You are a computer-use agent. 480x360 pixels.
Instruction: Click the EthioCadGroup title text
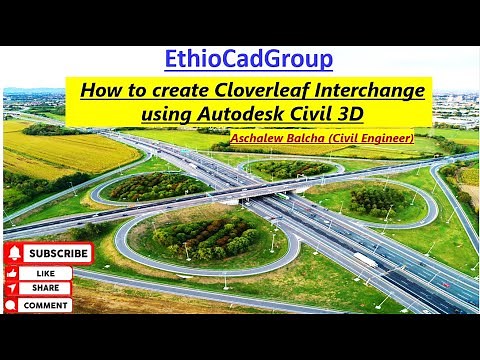tap(249, 58)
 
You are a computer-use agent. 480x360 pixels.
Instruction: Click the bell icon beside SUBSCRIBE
tap(14, 254)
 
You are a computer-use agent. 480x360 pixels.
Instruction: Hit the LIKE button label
tap(46, 272)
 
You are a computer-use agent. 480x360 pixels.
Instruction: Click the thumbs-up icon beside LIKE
tap(13, 272)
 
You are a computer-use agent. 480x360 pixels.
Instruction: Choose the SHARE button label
tap(46, 288)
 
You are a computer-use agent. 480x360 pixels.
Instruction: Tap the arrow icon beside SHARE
tap(13, 288)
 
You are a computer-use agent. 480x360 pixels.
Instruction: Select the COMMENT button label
tap(46, 305)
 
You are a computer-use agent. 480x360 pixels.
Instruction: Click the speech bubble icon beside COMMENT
tap(13, 305)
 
